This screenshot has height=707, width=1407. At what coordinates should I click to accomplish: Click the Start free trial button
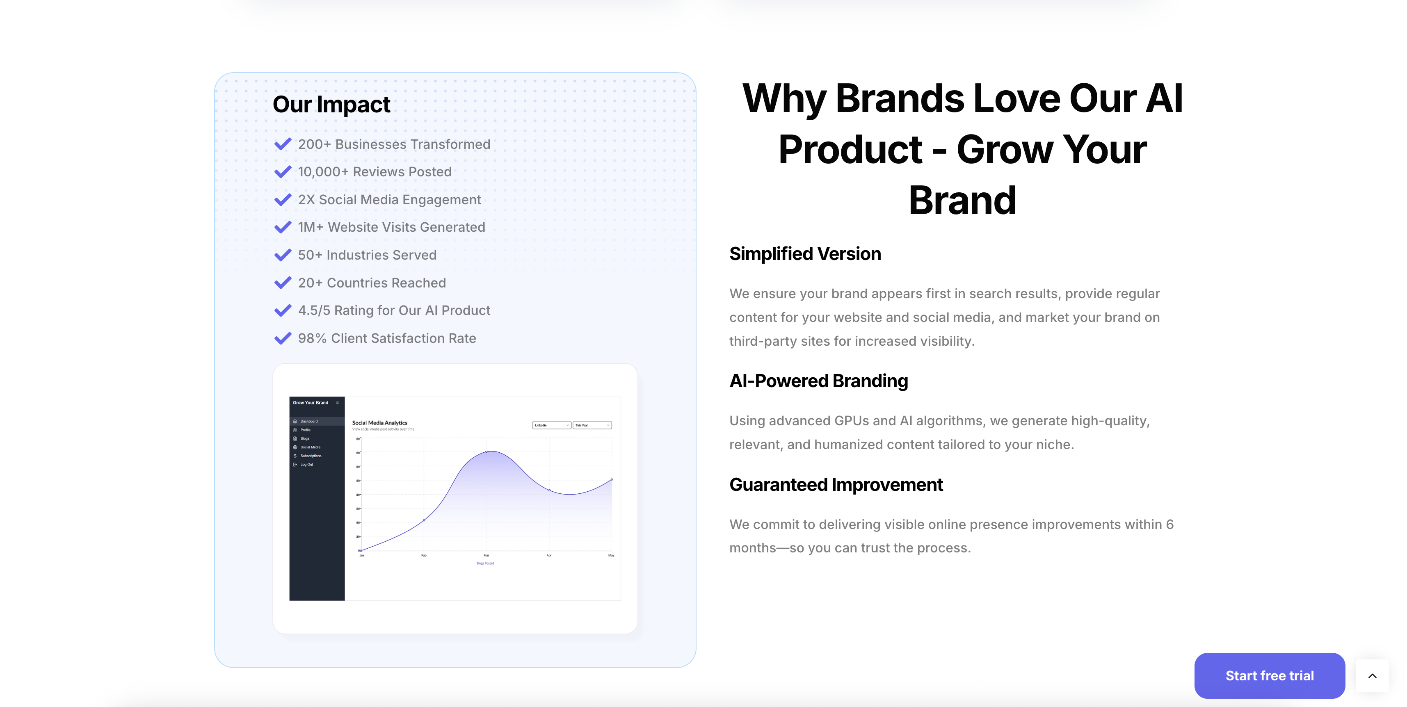pyautogui.click(x=1269, y=675)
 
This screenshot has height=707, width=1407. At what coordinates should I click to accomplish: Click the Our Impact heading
pyautogui.click(x=331, y=104)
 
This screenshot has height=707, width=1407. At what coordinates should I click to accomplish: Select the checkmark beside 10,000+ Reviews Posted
pyautogui.click(x=282, y=172)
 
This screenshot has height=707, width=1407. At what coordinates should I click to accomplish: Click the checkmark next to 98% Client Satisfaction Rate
pyautogui.click(x=282, y=338)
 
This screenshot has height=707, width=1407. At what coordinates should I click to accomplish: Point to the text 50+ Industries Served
pyautogui.click(x=367, y=255)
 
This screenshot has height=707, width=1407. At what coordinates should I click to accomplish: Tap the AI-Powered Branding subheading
pyautogui.click(x=818, y=381)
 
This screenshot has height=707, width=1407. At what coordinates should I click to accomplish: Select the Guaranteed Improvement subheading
pyautogui.click(x=836, y=485)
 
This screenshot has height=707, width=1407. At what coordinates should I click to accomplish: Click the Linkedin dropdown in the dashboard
pyautogui.click(x=551, y=425)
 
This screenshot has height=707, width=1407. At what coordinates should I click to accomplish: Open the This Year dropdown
pyautogui.click(x=592, y=425)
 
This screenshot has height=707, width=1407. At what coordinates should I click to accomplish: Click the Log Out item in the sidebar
pyautogui.click(x=306, y=465)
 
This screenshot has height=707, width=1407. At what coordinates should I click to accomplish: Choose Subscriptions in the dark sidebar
pyautogui.click(x=310, y=456)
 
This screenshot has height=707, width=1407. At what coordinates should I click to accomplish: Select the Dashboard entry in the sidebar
pyautogui.click(x=308, y=422)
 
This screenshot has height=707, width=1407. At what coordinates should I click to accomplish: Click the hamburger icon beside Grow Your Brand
pyautogui.click(x=338, y=403)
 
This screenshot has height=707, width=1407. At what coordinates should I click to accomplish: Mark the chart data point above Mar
pyautogui.click(x=486, y=452)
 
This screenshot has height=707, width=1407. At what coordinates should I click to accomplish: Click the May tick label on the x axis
pyautogui.click(x=611, y=555)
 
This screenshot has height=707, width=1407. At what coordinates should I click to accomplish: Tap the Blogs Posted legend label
pyautogui.click(x=485, y=563)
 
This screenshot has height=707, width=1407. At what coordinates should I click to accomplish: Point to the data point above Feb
pyautogui.click(x=424, y=520)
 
